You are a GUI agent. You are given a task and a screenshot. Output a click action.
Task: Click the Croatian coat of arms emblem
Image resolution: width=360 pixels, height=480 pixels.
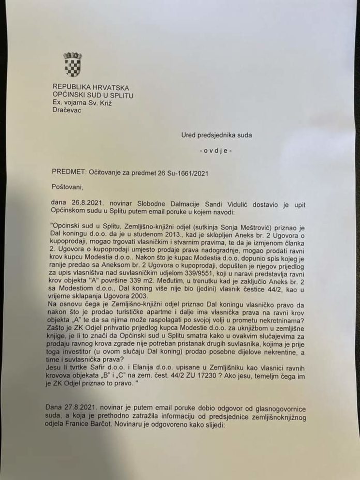coord(72,64)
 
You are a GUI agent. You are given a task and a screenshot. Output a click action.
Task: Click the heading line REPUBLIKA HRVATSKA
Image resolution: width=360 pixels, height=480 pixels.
coord(91,88)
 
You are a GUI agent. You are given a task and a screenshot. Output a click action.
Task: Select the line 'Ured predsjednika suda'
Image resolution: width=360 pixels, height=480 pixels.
coord(216,136)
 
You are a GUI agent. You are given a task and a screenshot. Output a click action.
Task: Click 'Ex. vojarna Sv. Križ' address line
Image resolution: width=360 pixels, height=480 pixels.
coord(82,102)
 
